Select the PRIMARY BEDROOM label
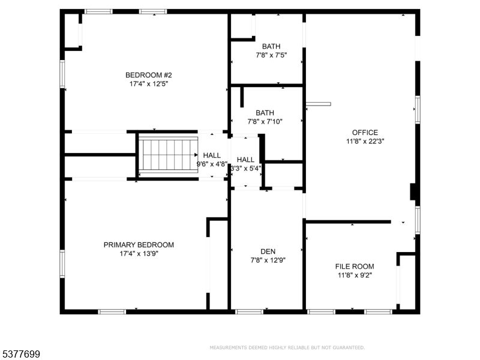click(139, 245)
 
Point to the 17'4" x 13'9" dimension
click(139, 254)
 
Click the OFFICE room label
click(365, 133)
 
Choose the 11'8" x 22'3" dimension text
click(365, 142)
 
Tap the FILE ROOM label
click(355, 266)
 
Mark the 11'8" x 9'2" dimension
click(355, 275)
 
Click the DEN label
click(268, 251)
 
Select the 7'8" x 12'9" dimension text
click(268, 260)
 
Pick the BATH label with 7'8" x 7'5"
click(271, 46)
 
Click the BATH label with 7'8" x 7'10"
click(265, 113)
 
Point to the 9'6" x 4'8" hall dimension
click(212, 164)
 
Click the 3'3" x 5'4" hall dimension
click(246, 169)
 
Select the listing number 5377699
click(20, 355)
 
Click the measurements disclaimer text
click(287, 347)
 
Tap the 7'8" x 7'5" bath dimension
click(271, 55)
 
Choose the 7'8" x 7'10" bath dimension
click(265, 122)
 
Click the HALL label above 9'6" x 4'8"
click(212, 155)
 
